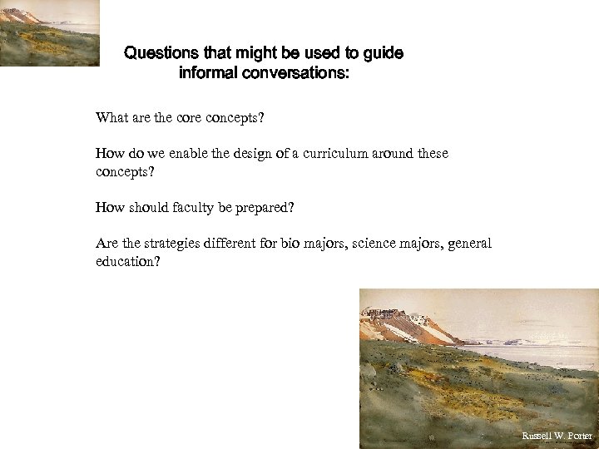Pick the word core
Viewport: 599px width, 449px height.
pos(185,118)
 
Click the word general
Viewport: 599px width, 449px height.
pos(471,244)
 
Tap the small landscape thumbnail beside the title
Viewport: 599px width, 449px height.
pos(49,32)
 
